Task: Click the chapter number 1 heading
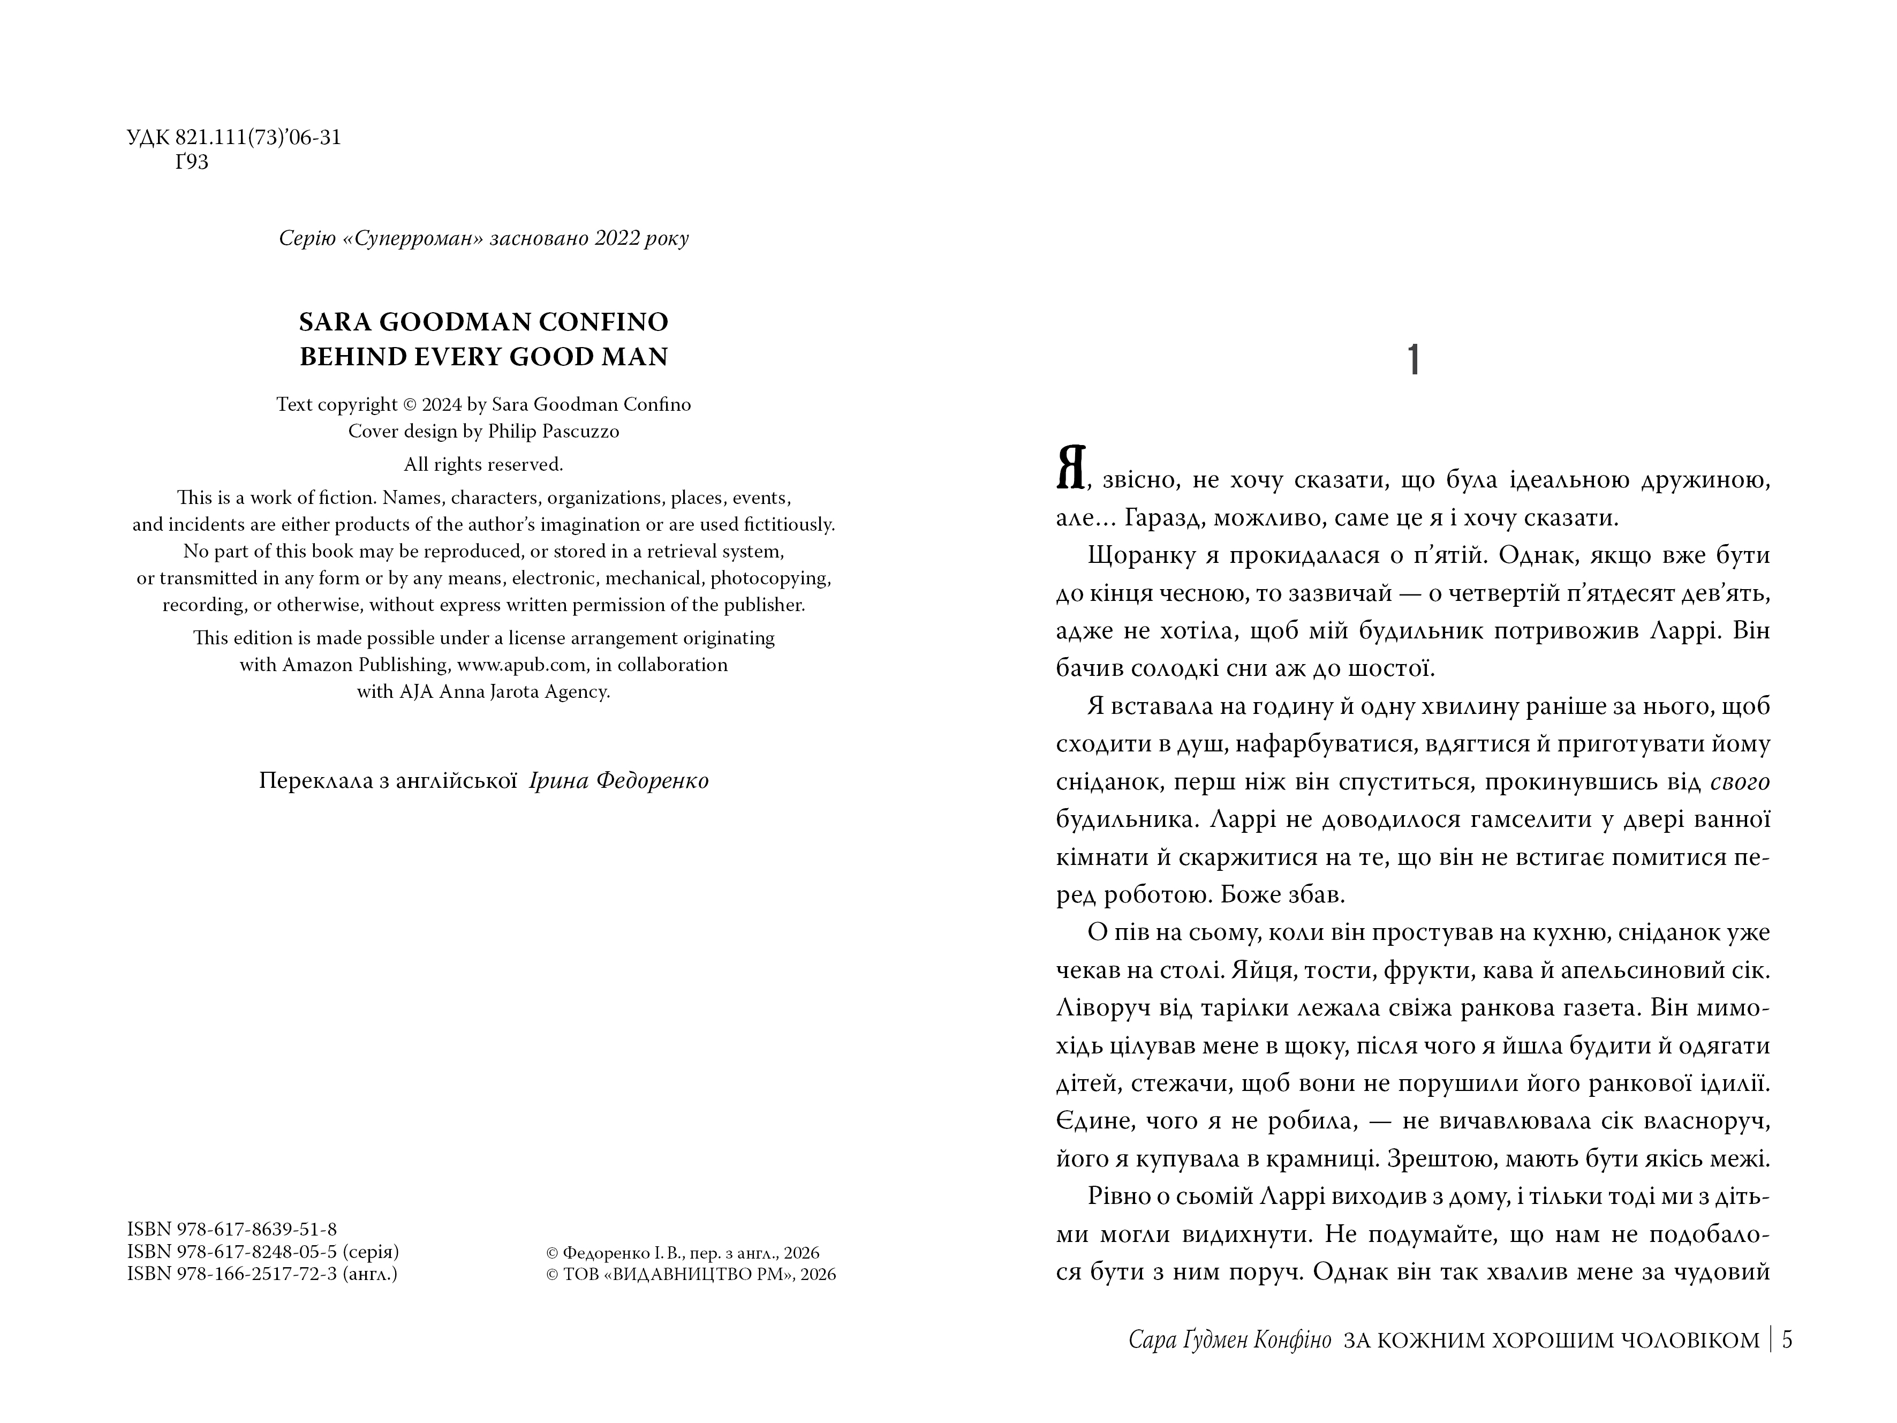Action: [x=1414, y=361]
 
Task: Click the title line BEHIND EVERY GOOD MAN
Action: [x=483, y=357]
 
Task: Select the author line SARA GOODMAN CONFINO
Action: [x=483, y=322]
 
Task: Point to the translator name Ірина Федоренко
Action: [x=619, y=781]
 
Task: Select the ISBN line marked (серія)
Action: [x=262, y=1252]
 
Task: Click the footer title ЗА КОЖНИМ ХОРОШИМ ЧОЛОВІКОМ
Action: [x=1552, y=1340]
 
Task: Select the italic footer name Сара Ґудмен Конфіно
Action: [x=1230, y=1340]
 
